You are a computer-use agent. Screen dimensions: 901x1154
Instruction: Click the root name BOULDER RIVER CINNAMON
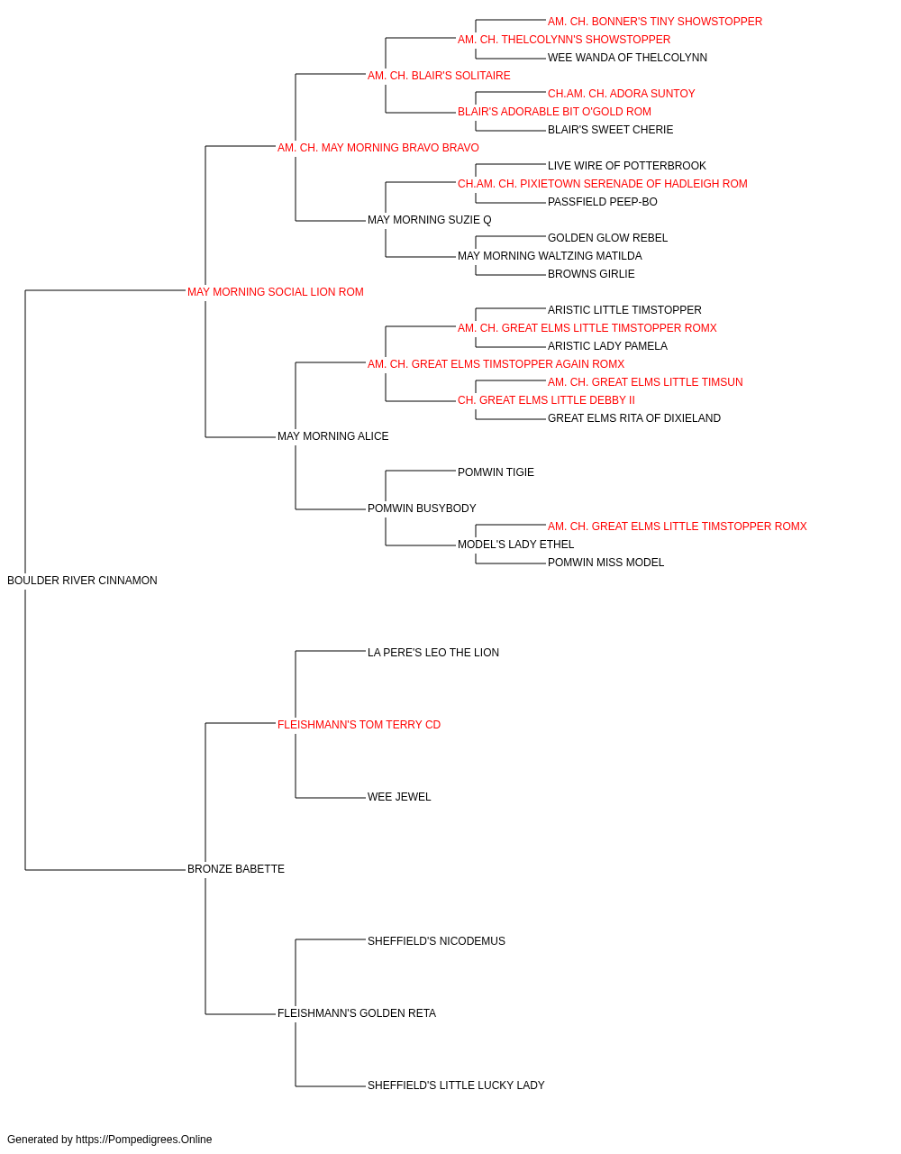pyautogui.click(x=82, y=581)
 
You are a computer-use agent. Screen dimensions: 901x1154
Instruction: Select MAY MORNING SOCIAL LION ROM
pyautogui.click(x=276, y=292)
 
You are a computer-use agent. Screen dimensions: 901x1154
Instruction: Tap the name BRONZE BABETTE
pyautogui.click(x=235, y=869)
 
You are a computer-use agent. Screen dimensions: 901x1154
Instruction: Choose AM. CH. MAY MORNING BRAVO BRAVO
pyautogui.click(x=378, y=148)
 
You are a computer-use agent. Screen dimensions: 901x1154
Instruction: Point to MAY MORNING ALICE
pyautogui.click(x=332, y=436)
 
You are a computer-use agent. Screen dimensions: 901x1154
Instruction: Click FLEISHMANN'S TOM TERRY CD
pyautogui.click(x=359, y=725)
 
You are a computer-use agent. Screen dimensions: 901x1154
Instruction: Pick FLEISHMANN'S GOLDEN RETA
pyautogui.click(x=357, y=1013)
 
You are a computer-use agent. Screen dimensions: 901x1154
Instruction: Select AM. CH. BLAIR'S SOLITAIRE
pyautogui.click(x=439, y=76)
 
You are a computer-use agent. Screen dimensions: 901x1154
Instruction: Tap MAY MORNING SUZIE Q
pyautogui.click(x=429, y=220)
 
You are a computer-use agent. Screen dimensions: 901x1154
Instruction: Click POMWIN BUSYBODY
pyautogui.click(x=422, y=508)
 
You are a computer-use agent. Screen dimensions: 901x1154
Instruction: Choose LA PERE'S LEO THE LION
pyautogui.click(x=433, y=653)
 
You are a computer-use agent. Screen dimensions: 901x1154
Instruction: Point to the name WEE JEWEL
pyautogui.click(x=399, y=797)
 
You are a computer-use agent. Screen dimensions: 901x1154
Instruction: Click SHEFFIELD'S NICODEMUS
pyautogui.click(x=436, y=941)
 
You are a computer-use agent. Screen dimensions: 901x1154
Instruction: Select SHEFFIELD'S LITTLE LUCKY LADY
pyautogui.click(x=456, y=1085)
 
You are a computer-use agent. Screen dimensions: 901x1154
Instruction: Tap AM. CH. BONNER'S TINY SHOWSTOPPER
pyautogui.click(x=655, y=22)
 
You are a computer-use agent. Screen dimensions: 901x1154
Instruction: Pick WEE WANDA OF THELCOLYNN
pyautogui.click(x=627, y=58)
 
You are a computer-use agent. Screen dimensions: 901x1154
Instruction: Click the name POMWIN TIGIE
pyautogui.click(x=496, y=472)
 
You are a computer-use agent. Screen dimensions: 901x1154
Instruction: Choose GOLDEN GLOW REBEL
pyautogui.click(x=607, y=238)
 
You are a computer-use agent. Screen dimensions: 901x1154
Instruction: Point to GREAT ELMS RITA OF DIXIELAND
pyautogui.click(x=634, y=418)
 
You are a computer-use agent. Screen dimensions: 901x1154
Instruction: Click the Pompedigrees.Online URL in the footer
pyautogui.click(x=144, y=1140)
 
